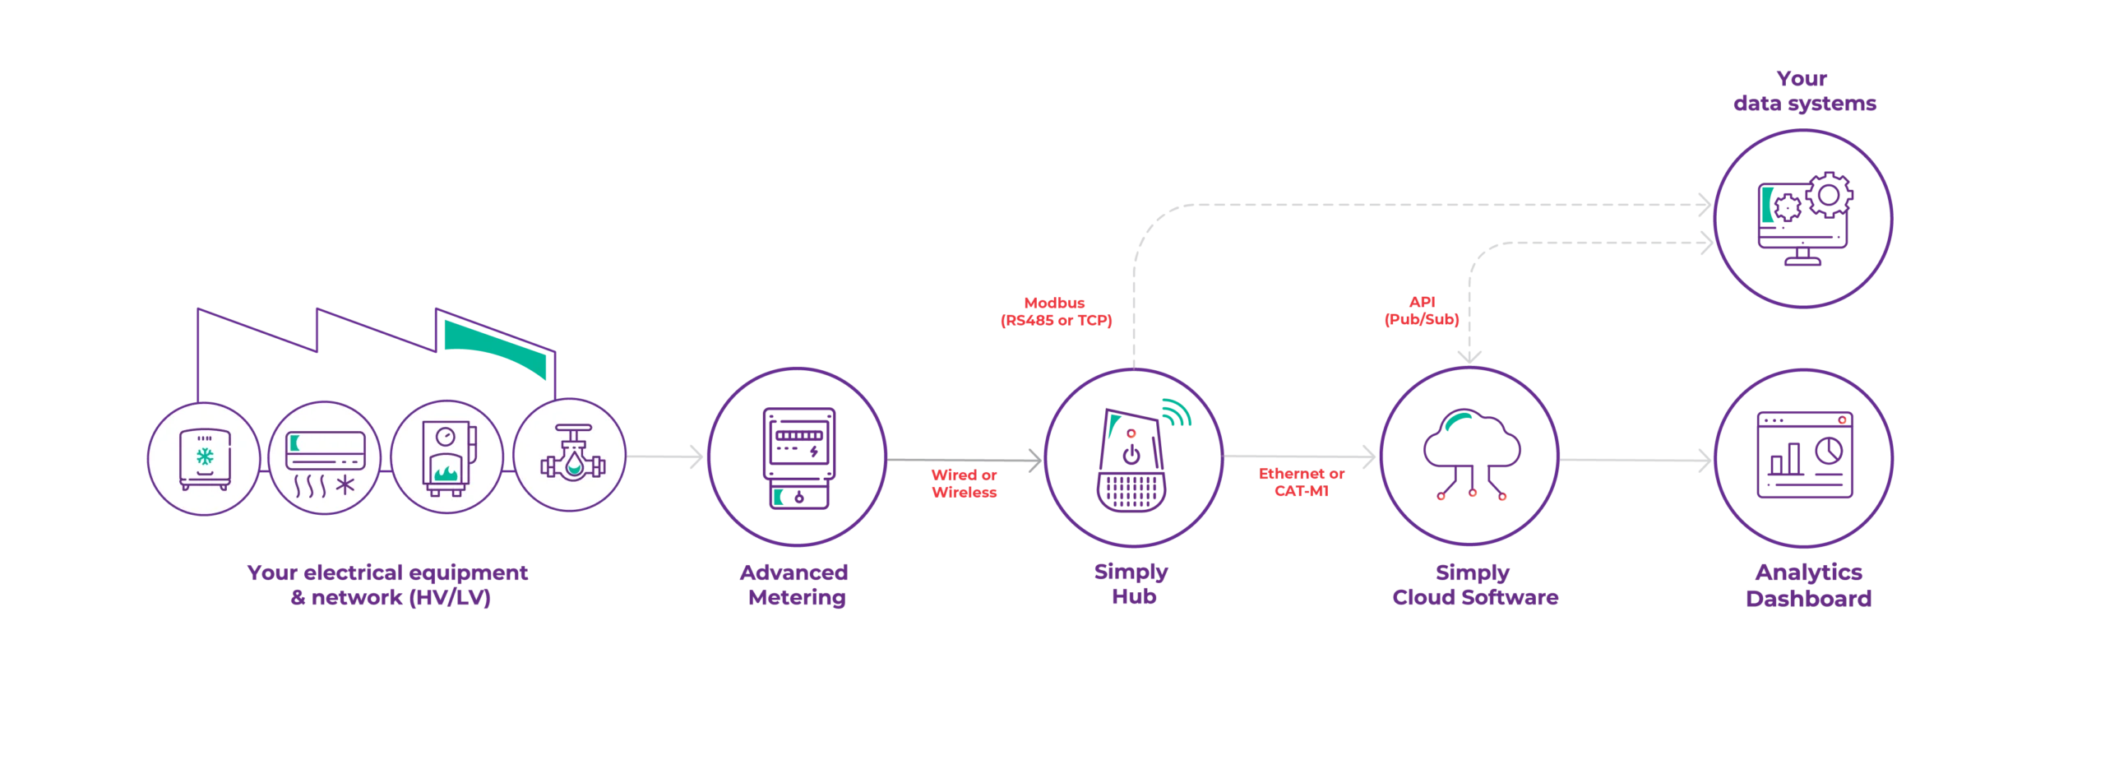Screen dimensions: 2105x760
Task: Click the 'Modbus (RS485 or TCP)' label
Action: click(x=1056, y=312)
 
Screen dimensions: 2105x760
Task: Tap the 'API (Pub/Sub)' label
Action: click(x=1422, y=311)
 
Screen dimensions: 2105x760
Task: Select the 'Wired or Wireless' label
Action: click(x=964, y=484)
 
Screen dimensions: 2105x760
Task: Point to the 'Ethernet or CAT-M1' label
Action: click(x=1302, y=482)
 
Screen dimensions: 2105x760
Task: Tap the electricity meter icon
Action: click(x=798, y=458)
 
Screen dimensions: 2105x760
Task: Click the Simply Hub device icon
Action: click(x=1132, y=461)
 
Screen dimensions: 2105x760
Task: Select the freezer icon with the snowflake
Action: click(x=205, y=459)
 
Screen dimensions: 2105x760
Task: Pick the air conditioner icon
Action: click(x=325, y=463)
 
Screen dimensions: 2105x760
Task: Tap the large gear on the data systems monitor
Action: click(x=1829, y=195)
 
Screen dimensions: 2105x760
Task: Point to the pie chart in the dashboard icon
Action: click(x=1829, y=450)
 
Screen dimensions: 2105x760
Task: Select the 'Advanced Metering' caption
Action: click(x=794, y=585)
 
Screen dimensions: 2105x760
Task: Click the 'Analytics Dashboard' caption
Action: click(x=1808, y=586)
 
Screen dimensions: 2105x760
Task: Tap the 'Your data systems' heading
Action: click(x=1804, y=90)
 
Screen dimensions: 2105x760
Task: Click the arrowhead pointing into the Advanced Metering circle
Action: click(x=696, y=456)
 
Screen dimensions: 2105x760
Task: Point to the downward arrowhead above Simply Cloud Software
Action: click(x=1469, y=357)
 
